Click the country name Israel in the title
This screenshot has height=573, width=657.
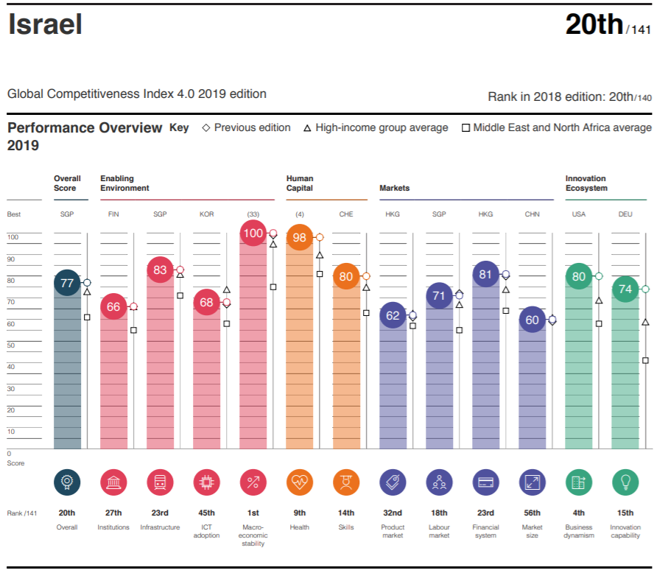(x=45, y=24)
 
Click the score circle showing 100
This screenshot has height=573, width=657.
(x=253, y=233)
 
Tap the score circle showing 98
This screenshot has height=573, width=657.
(x=299, y=237)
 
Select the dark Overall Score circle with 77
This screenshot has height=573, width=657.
(x=67, y=283)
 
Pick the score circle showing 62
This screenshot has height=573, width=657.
(x=393, y=316)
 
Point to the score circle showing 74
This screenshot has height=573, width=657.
(x=625, y=289)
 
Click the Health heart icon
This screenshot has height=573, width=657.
(x=300, y=482)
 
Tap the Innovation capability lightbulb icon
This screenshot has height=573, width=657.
(x=625, y=482)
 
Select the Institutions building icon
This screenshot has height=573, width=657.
(x=113, y=482)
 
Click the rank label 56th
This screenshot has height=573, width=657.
(x=532, y=513)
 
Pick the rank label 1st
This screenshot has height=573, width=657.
(x=253, y=513)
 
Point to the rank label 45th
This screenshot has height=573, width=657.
(x=206, y=513)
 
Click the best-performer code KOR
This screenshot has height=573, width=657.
(x=206, y=214)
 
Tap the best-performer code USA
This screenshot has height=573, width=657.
(x=579, y=214)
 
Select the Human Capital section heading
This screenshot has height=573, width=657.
(x=300, y=183)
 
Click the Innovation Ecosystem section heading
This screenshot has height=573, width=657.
(x=586, y=183)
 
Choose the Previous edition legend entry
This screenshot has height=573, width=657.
(x=246, y=127)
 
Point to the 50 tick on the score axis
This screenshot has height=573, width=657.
(x=13, y=345)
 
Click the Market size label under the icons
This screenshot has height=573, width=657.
(x=532, y=531)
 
